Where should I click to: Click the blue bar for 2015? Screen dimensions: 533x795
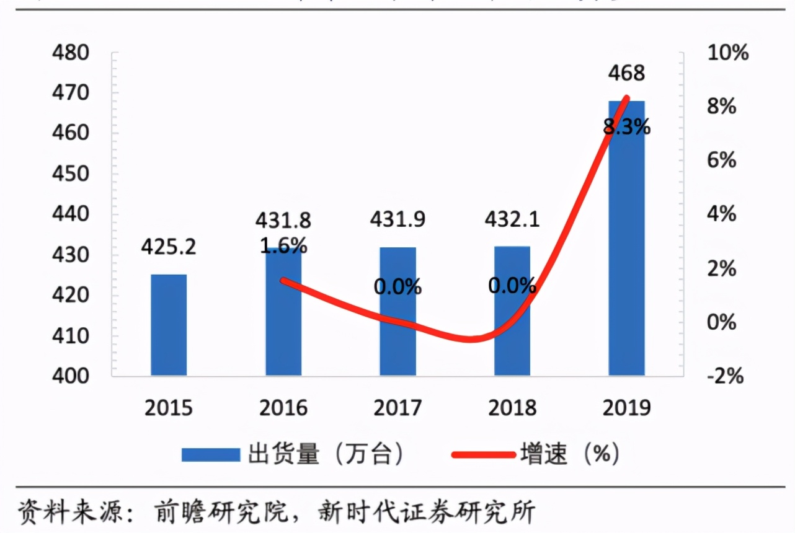point(169,325)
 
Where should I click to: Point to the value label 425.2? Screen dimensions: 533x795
point(168,247)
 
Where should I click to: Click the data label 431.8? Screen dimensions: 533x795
point(283,220)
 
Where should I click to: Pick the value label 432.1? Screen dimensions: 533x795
point(512,220)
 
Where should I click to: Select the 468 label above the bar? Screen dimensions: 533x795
point(626,73)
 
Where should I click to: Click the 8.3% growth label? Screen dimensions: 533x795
point(626,128)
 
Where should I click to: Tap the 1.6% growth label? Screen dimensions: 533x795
point(283,245)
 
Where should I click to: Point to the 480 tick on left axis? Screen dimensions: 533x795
point(73,53)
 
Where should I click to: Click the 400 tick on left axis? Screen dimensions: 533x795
point(73,376)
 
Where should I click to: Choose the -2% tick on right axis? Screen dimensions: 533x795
point(725,376)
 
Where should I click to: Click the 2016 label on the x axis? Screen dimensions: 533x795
point(283,408)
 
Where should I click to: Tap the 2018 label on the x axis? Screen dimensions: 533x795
point(512,408)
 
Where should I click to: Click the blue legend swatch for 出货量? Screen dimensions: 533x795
point(211,455)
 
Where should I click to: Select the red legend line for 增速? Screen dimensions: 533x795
point(484,455)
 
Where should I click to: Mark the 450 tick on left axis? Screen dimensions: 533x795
point(73,174)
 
